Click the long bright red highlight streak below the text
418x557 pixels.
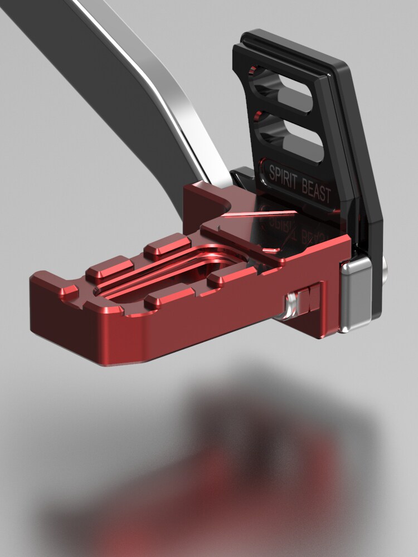[x=262, y=213]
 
